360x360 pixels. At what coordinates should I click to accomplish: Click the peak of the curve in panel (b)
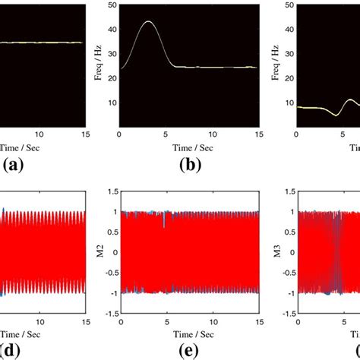coord(148,22)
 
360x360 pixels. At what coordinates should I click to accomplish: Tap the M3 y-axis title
coord(278,251)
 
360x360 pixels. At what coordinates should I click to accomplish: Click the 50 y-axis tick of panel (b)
coord(112,5)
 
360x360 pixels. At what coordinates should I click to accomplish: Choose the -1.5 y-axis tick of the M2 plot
coord(109,313)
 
